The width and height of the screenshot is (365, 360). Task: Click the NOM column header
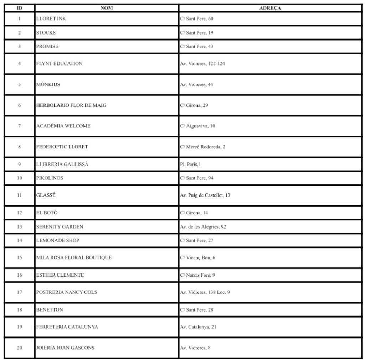click(x=107, y=8)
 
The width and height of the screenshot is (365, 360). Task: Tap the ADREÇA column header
click(x=270, y=8)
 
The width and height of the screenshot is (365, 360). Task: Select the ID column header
click(x=20, y=8)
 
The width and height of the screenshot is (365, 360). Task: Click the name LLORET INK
click(x=51, y=19)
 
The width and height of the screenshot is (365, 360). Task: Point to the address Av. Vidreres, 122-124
click(x=202, y=64)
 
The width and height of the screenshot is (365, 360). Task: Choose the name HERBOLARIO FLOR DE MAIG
click(x=71, y=105)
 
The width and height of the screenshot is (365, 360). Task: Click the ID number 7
click(x=20, y=126)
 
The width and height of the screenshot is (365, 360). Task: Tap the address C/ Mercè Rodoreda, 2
click(x=203, y=147)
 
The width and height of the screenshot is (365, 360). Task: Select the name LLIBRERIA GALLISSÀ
click(x=62, y=164)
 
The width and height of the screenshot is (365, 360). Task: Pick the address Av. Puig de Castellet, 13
click(x=205, y=195)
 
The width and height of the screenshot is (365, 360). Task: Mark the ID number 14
click(x=20, y=240)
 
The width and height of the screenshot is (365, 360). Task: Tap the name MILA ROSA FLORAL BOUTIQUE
click(x=74, y=257)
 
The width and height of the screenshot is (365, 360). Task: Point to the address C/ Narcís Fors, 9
click(x=197, y=275)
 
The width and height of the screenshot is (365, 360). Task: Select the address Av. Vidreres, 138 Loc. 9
click(x=205, y=292)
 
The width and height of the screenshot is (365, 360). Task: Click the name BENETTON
click(x=50, y=310)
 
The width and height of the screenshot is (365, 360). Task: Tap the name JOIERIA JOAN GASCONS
click(x=65, y=348)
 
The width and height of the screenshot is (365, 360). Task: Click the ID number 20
click(x=20, y=348)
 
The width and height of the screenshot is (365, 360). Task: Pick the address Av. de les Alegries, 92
click(x=203, y=226)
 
